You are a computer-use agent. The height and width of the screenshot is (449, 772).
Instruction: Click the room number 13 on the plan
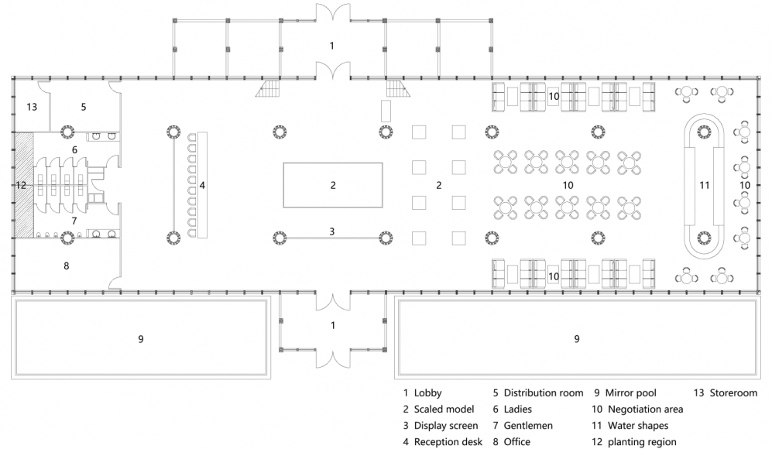tap(32, 107)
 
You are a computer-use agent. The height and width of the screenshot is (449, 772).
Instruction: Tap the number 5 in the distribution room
tap(84, 107)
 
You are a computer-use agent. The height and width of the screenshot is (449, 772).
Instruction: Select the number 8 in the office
tap(67, 266)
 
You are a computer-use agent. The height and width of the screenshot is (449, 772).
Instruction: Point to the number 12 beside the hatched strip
tap(21, 185)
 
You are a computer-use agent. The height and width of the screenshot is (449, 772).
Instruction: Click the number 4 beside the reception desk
tap(202, 185)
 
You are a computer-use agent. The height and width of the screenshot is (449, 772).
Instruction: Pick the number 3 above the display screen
tap(332, 231)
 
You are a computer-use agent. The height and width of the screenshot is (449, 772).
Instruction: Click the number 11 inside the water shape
tap(705, 185)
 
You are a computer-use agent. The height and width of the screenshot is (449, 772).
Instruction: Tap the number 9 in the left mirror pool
tap(141, 339)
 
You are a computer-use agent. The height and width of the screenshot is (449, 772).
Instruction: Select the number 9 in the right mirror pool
tap(577, 339)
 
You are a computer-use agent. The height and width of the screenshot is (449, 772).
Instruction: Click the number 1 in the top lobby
tap(332, 46)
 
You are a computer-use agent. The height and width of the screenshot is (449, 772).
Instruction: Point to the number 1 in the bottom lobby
tap(333, 325)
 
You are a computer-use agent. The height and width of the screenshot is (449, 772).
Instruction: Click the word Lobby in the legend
tap(428, 393)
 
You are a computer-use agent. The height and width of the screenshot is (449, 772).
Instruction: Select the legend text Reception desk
tap(448, 441)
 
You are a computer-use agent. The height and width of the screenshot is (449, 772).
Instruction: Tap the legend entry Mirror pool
tap(631, 393)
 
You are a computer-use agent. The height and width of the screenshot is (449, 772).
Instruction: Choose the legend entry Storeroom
tap(733, 393)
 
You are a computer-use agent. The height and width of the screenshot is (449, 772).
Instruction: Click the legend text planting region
tap(642, 441)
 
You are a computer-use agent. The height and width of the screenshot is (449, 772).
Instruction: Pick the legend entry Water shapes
tap(638, 425)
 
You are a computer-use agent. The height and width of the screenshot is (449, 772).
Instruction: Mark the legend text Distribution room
tap(544, 393)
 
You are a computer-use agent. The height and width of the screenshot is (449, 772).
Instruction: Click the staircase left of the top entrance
tap(268, 88)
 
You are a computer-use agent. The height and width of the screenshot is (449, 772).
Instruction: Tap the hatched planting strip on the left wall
tap(24, 184)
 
